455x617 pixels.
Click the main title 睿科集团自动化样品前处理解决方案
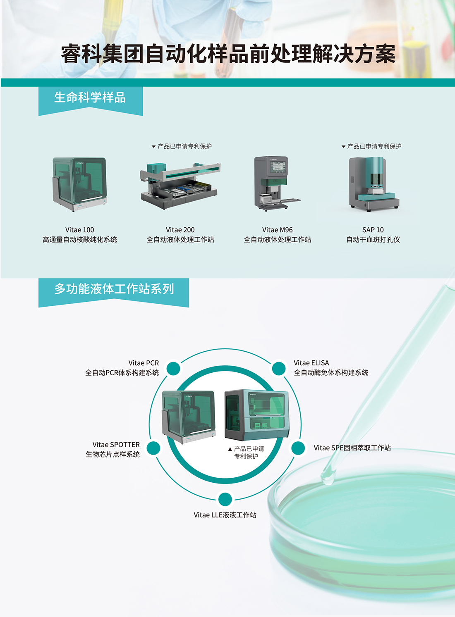(228, 54)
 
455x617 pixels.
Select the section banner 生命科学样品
(90, 98)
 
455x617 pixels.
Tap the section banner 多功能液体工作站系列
(114, 289)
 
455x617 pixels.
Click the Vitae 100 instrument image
(80, 184)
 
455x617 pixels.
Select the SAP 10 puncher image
(373, 184)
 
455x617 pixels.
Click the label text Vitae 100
(80, 230)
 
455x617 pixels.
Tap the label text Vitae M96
(277, 230)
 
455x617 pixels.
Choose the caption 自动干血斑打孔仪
(373, 240)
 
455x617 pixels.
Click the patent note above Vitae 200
(182, 146)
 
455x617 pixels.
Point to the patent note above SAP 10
(371, 146)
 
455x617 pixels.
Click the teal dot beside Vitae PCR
(173, 369)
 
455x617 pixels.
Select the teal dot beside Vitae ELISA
(279, 369)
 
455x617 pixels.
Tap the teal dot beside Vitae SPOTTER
(153, 448)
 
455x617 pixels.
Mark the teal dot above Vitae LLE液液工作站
(225, 499)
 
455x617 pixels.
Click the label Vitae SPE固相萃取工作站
(352, 448)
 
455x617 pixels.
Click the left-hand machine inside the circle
(189, 417)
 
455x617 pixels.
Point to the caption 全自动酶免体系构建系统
(331, 373)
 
